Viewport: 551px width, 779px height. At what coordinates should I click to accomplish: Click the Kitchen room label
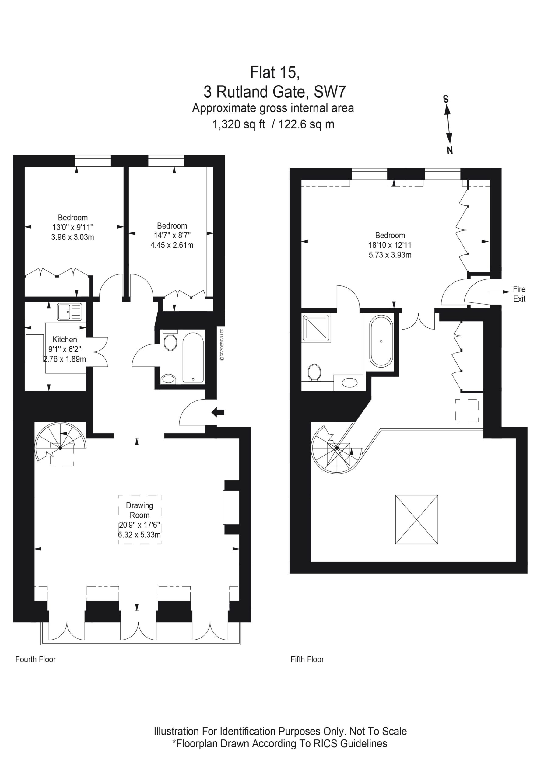(65, 339)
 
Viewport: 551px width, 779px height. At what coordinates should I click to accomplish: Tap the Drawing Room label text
(139, 510)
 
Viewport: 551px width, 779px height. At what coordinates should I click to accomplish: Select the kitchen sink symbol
(69, 312)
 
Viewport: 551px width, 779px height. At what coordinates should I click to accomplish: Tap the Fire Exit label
(519, 294)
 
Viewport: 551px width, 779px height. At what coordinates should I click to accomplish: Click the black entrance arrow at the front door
(218, 412)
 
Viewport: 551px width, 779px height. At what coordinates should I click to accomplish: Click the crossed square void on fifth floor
(416, 520)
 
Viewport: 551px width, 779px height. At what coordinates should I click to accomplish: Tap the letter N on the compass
(450, 150)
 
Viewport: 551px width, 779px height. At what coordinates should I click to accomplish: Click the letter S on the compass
(446, 99)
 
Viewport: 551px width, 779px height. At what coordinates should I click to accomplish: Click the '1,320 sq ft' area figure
(239, 124)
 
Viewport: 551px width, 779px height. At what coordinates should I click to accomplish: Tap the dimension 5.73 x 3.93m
(390, 255)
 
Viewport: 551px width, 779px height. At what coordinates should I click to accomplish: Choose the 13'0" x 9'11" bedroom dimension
(73, 227)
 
